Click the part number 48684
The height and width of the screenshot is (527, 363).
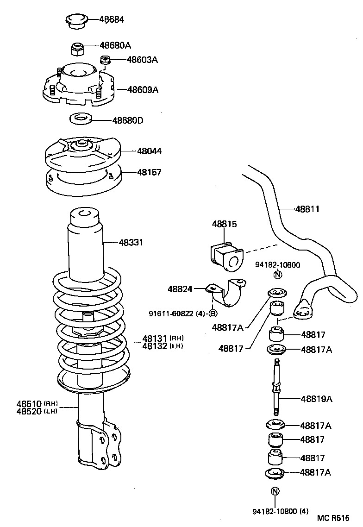tap(112, 19)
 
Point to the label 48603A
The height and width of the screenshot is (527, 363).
tap(142, 59)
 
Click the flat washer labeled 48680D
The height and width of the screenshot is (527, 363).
tap(81, 119)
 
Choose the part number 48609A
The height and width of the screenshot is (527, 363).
tap(143, 90)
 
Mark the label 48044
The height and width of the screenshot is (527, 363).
tap(149, 151)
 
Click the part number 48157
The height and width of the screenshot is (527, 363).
tap(149, 172)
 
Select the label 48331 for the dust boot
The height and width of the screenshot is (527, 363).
tap(131, 242)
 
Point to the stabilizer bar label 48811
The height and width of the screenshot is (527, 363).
tap(307, 209)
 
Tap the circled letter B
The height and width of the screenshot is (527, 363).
tap(213, 314)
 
